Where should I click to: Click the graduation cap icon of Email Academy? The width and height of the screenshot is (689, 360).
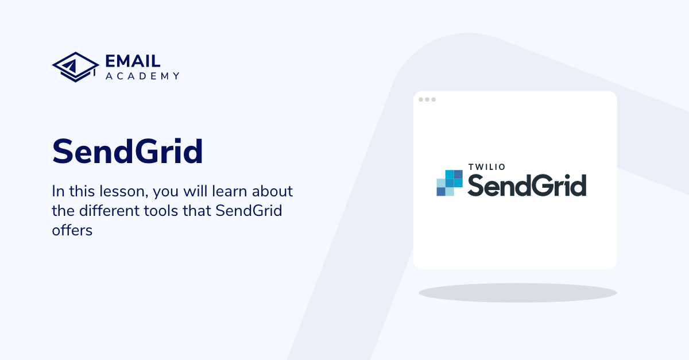tap(75, 67)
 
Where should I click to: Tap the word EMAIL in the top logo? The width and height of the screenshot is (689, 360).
tap(133, 61)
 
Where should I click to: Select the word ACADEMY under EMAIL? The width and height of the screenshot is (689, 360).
tap(142, 76)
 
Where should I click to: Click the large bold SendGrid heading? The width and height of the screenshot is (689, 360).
tap(127, 152)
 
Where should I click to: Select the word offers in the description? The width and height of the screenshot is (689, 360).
tap(72, 230)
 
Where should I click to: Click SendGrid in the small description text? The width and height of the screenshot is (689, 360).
tap(249, 211)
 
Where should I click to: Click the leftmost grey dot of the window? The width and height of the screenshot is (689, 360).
tap(421, 99)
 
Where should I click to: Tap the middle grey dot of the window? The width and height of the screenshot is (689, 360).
tap(427, 99)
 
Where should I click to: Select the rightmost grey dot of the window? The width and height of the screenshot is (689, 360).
tap(433, 99)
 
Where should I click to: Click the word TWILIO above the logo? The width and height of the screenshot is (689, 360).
tap(486, 167)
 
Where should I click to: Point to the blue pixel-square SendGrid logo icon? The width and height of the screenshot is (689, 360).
tap(450, 183)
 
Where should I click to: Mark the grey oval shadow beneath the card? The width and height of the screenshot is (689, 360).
tap(517, 293)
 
